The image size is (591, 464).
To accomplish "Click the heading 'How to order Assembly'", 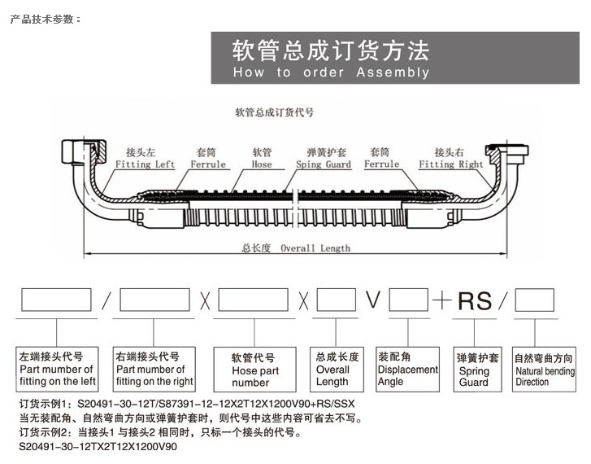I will [x=330, y=72].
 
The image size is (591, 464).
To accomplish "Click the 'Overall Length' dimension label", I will [x=295, y=247].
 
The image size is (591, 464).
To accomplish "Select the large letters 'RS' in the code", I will [x=474, y=300].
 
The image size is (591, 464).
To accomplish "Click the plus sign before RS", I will [x=441, y=300].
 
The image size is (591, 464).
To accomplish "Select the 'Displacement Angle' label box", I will [x=408, y=370].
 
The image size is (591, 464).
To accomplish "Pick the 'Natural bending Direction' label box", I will [x=544, y=370].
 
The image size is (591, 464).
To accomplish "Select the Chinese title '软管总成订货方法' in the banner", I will [x=330, y=50].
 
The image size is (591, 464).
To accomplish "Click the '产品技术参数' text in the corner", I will [x=46, y=19].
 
